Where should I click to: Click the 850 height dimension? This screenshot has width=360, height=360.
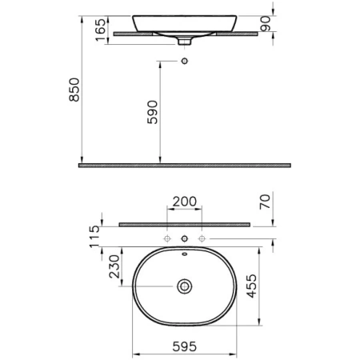(74, 90)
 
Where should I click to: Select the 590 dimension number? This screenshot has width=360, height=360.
(153, 112)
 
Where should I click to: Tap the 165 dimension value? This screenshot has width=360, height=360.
(101, 30)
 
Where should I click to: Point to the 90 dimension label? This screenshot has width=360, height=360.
(266, 23)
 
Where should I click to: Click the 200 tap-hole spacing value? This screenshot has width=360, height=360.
(185, 202)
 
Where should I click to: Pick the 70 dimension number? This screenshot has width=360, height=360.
(265, 202)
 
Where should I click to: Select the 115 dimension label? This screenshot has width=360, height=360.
(94, 237)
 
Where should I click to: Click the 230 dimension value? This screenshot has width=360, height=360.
(114, 266)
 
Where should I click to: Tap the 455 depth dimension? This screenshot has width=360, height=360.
(251, 286)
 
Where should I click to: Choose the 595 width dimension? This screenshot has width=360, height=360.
(185, 346)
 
